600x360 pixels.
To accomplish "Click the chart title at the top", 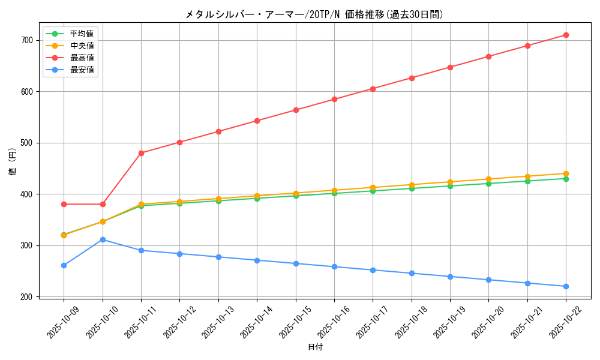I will pyautogui.click(x=314, y=14).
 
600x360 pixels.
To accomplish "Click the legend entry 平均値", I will pyautogui.click(x=82, y=34).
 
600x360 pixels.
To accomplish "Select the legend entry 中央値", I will pyautogui.click(x=82, y=46).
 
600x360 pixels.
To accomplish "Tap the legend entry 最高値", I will pyautogui.click(x=82, y=58).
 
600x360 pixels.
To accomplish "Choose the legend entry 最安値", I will pyautogui.click(x=82, y=70).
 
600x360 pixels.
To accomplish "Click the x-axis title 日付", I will pyautogui.click(x=315, y=347).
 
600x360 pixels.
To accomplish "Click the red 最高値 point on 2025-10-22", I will pyautogui.click(x=566, y=35).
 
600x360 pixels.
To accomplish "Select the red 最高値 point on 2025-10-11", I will pyautogui.click(x=141, y=153).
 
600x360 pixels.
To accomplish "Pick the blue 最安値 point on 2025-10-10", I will pyautogui.click(x=103, y=239).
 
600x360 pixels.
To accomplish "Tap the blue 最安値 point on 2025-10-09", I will pyautogui.click(x=64, y=265).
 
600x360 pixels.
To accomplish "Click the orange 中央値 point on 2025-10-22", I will pyautogui.click(x=566, y=173).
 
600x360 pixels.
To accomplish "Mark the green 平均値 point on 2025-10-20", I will pyautogui.click(x=488, y=184).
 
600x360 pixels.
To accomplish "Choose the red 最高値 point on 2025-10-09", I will pyautogui.click(x=64, y=204).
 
